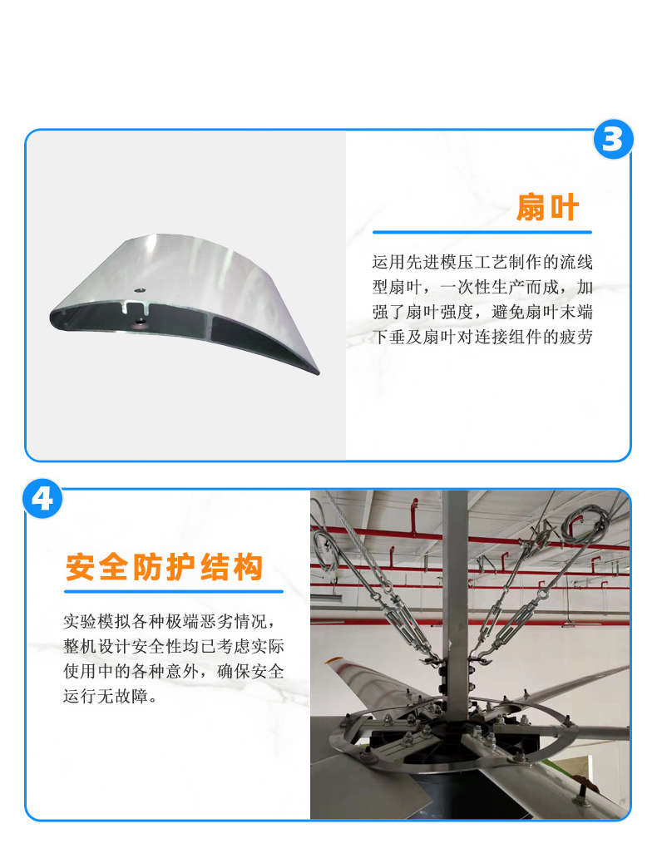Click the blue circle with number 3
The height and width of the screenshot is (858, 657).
(x=613, y=139)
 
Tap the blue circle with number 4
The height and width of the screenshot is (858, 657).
(x=42, y=499)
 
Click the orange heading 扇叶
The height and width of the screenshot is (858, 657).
(x=547, y=207)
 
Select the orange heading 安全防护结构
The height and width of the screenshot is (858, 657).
(x=165, y=567)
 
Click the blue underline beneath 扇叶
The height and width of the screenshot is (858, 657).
(x=482, y=232)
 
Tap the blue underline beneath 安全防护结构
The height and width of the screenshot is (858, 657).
(x=174, y=591)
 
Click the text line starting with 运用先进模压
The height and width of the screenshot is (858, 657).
(x=482, y=262)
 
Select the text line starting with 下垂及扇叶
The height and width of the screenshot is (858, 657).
(x=482, y=337)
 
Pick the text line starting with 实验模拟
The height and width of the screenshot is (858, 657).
(x=169, y=621)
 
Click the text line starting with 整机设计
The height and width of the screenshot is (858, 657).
(x=174, y=646)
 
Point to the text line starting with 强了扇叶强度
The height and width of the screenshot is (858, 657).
(x=482, y=312)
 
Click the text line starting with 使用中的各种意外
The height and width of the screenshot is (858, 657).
(x=174, y=671)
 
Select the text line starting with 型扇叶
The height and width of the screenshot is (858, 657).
(x=482, y=287)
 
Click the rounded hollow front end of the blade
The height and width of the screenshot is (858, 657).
(x=58, y=318)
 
